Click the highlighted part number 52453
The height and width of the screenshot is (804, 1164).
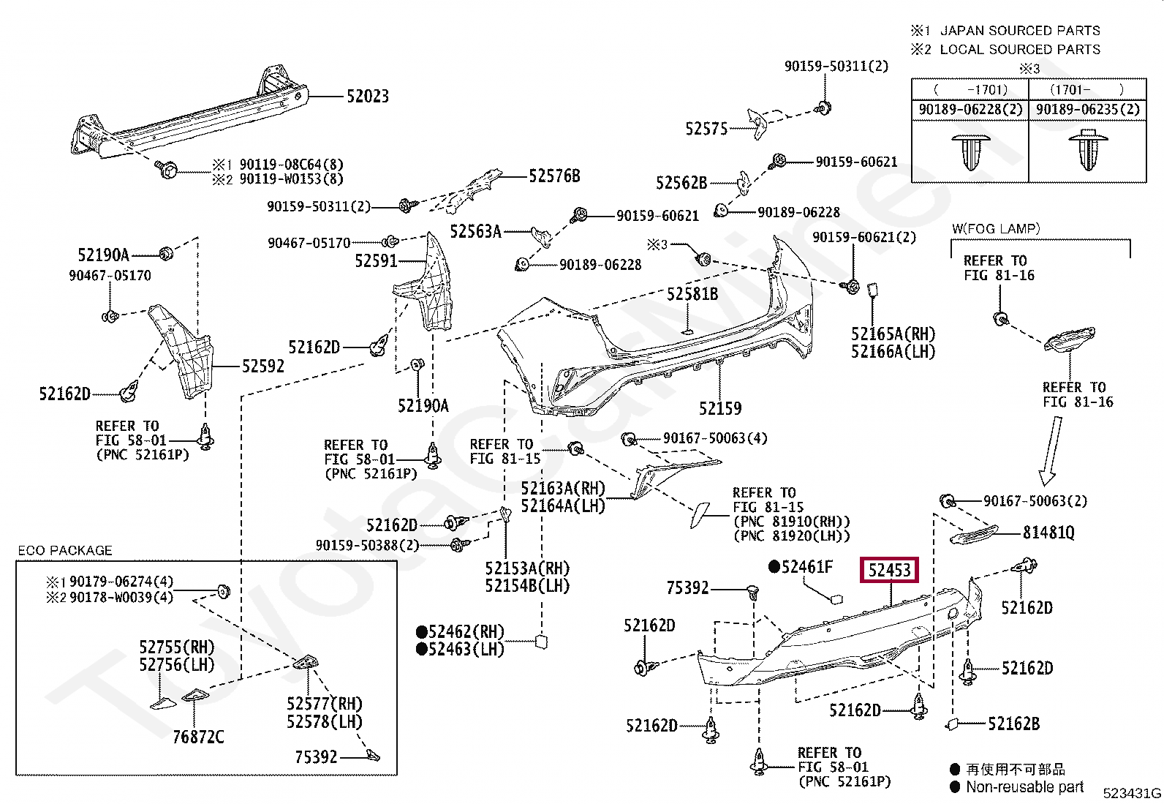889,570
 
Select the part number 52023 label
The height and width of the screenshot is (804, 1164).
367,97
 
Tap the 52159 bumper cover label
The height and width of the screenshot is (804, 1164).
720,409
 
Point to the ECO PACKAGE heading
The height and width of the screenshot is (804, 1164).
65,550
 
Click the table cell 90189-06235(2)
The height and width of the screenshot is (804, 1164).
1088,110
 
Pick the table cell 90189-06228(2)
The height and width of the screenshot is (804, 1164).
970,110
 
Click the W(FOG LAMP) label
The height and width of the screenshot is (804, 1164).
996,229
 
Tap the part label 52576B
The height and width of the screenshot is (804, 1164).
554,176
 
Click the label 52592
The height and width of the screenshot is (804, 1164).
263,367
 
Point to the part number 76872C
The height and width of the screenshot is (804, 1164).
198,737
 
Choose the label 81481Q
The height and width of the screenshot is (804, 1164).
1048,533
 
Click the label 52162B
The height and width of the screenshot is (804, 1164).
1014,724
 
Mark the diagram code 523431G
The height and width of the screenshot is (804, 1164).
1132,793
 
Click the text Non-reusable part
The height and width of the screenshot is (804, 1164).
1025,787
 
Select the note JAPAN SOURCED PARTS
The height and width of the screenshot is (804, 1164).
1020,31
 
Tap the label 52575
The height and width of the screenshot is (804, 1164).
706,129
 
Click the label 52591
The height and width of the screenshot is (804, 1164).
376,261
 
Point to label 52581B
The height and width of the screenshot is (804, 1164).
692,294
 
